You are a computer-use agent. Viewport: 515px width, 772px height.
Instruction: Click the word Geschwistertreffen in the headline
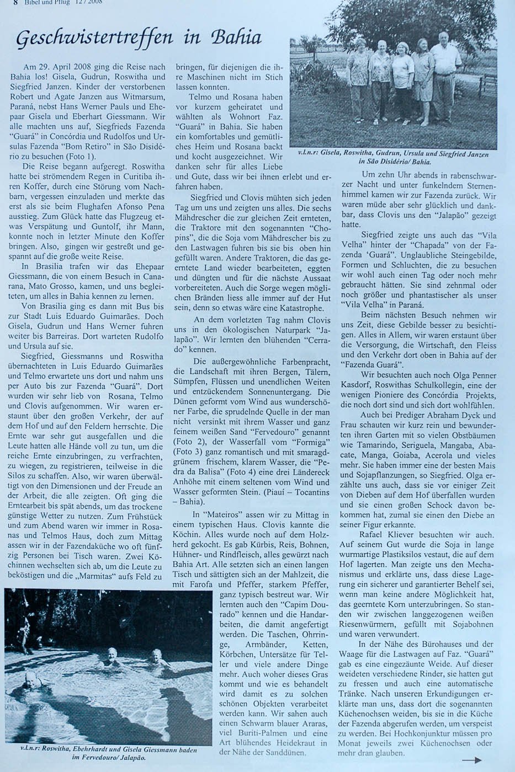point(88,39)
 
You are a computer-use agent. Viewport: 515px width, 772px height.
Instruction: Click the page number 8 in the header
point(8,2)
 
